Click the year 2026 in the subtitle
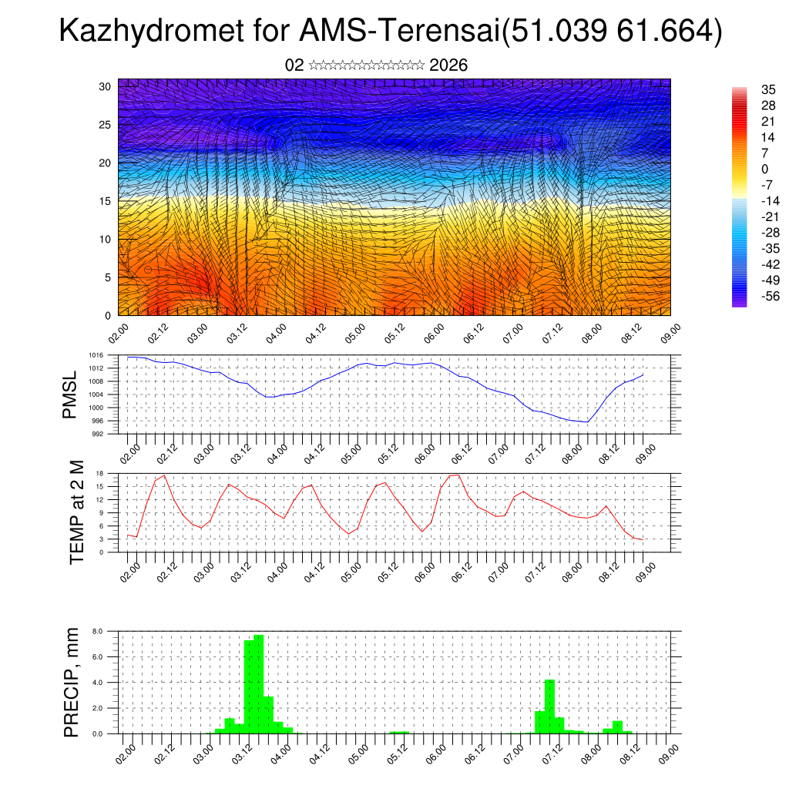click(448, 65)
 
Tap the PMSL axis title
click(71, 394)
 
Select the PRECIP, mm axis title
click(72, 682)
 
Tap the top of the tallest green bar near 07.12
click(549, 680)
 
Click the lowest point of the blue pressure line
click(587, 422)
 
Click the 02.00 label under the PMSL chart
click(129, 451)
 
